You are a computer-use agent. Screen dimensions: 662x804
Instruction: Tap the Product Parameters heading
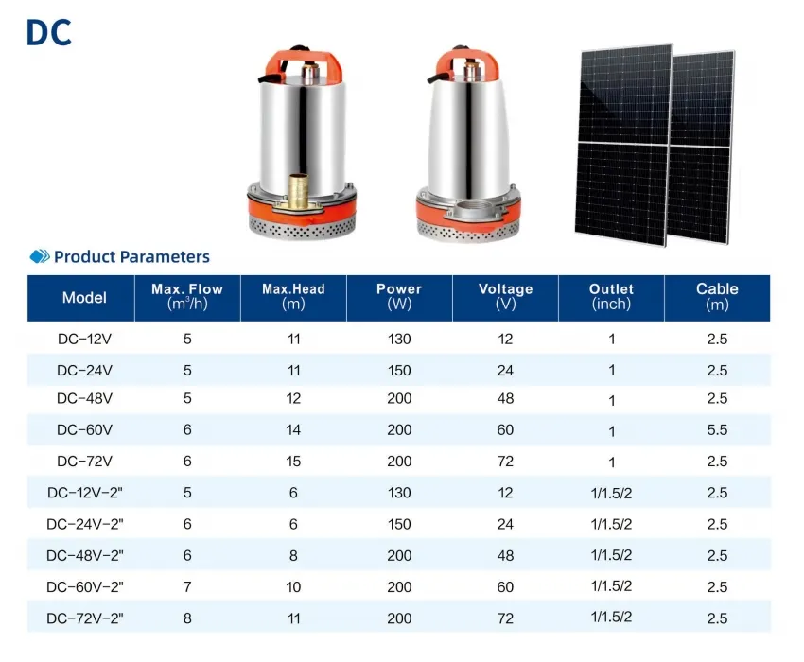coord(131,256)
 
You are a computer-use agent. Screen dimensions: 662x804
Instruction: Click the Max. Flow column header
coord(187,296)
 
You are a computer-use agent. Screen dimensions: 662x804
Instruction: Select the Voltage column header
coord(505,296)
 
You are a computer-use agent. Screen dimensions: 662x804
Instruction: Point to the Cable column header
coord(717,296)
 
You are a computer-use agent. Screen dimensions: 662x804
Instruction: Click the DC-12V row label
coord(84,338)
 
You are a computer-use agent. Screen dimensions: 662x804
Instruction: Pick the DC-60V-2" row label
coord(84,587)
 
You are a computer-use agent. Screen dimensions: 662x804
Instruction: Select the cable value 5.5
coord(717,430)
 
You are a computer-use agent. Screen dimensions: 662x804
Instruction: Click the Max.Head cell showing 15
coord(293,462)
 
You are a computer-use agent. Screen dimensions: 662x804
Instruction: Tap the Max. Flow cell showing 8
coord(187,618)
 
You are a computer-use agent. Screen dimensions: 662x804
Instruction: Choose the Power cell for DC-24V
coord(399,370)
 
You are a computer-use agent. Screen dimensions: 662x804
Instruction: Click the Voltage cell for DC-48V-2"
coord(505,556)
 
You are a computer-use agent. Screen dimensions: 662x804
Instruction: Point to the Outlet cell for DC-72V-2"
coord(611,617)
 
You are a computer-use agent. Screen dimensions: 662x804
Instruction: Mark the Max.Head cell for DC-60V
coord(293,430)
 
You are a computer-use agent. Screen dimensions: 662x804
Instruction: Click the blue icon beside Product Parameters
coord(40,256)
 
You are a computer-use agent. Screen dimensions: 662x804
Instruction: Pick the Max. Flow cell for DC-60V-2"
coord(187,587)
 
